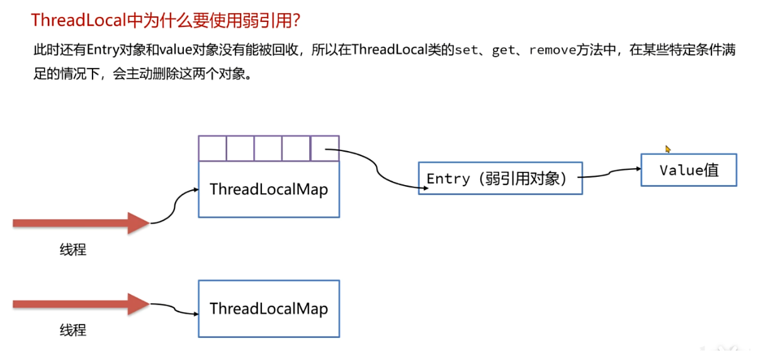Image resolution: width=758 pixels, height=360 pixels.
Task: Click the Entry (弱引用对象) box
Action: click(x=500, y=178)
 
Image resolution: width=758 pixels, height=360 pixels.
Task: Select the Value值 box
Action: click(x=689, y=170)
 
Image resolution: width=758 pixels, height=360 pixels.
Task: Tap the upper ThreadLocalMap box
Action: click(x=269, y=189)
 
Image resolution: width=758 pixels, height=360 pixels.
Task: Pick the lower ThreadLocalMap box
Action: click(x=269, y=308)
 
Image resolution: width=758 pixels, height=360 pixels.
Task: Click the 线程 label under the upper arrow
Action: click(x=73, y=250)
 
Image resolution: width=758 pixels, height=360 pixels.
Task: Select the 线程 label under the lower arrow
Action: click(x=73, y=330)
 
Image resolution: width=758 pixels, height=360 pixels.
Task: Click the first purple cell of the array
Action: click(x=212, y=149)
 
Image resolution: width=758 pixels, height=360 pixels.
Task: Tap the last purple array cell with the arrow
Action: click(x=325, y=149)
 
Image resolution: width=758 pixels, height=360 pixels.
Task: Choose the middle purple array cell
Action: click(x=269, y=149)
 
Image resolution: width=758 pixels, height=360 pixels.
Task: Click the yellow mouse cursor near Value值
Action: click(x=668, y=149)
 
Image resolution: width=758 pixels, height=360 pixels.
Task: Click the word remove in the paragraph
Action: click(x=552, y=50)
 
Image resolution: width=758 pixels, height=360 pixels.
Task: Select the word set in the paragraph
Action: click(x=467, y=50)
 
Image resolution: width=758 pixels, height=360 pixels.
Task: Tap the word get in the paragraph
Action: click(x=503, y=50)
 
